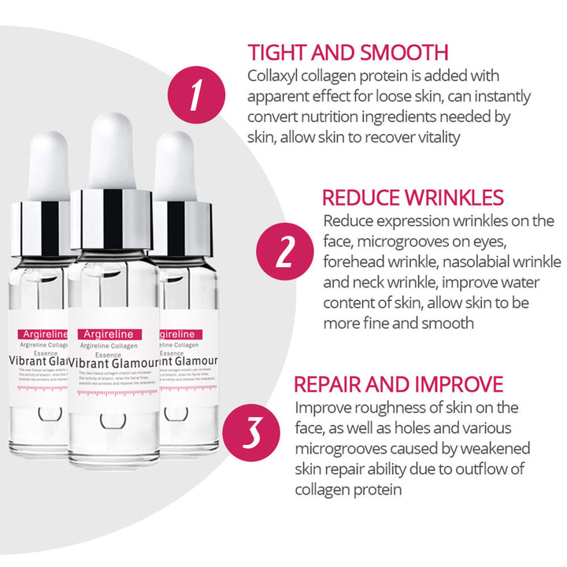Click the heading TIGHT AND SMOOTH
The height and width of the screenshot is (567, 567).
(x=348, y=53)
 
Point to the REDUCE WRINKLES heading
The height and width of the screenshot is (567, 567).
(x=413, y=198)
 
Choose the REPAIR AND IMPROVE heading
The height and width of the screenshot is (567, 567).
(x=398, y=384)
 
